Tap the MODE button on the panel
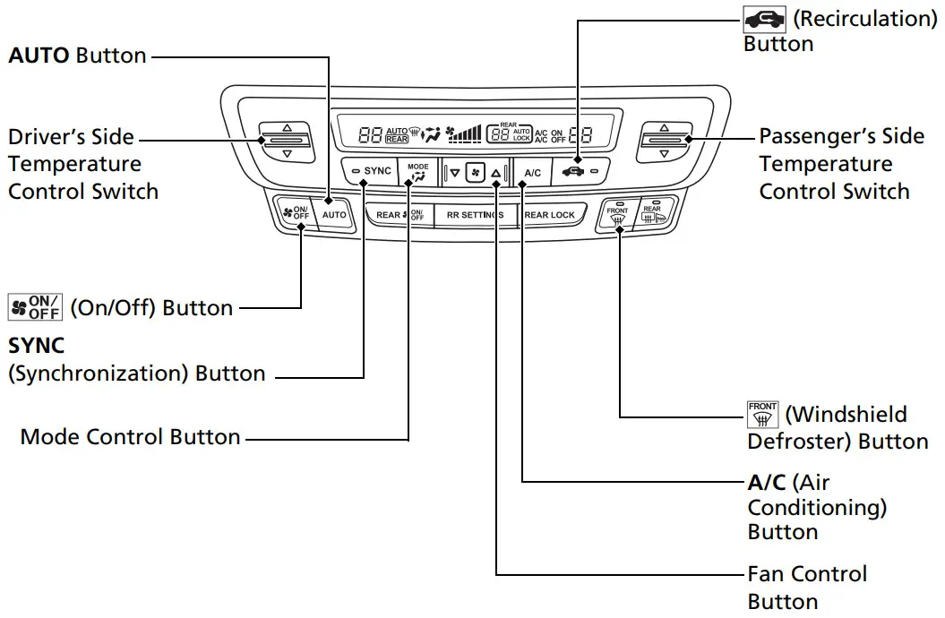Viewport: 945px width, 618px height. point(417,172)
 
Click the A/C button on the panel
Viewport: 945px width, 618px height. point(532,172)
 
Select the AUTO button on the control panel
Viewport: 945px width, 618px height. point(334,215)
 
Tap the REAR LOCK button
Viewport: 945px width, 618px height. point(549,215)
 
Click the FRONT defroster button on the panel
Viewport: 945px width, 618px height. point(617,215)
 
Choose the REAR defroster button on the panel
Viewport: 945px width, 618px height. point(651,215)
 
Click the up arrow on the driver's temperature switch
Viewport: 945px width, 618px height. point(287,128)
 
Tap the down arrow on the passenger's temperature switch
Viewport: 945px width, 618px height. point(664,154)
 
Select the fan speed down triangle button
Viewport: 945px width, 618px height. point(454,172)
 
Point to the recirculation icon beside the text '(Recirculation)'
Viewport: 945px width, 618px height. point(764,19)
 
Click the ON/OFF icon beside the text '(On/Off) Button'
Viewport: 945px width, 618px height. point(35,307)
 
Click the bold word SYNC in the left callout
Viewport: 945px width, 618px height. point(36,346)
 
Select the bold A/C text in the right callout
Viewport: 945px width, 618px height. point(767,483)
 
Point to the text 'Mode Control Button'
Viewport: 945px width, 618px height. point(131,438)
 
